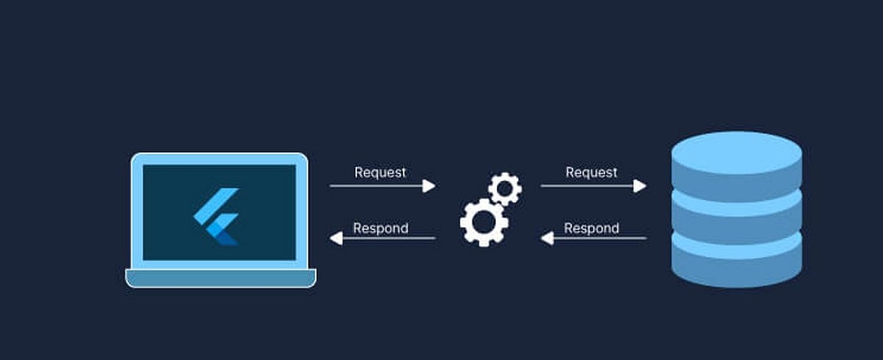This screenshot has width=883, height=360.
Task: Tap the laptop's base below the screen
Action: coord(221,278)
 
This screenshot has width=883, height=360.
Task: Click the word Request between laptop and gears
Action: coord(380,172)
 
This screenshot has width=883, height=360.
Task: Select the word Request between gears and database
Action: coord(591,172)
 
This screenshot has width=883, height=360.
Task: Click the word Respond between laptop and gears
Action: coord(380,228)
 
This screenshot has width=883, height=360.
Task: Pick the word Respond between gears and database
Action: coord(591,228)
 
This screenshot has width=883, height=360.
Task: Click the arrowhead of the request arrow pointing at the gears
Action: coord(428,186)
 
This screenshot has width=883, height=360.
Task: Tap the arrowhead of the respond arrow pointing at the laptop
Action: coord(336,238)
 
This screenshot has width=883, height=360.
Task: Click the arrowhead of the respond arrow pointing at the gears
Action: coord(547,238)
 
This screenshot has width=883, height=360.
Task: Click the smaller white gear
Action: coord(505,189)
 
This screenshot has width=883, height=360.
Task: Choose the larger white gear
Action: coord(483,222)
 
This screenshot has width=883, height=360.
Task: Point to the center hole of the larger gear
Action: coord(483,222)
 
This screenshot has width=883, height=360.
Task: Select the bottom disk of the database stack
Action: coord(737,261)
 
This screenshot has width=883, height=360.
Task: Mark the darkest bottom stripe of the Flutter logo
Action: coord(229,237)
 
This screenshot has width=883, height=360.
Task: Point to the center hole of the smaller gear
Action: coord(505,189)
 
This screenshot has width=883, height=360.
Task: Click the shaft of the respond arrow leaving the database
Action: coord(603,238)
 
